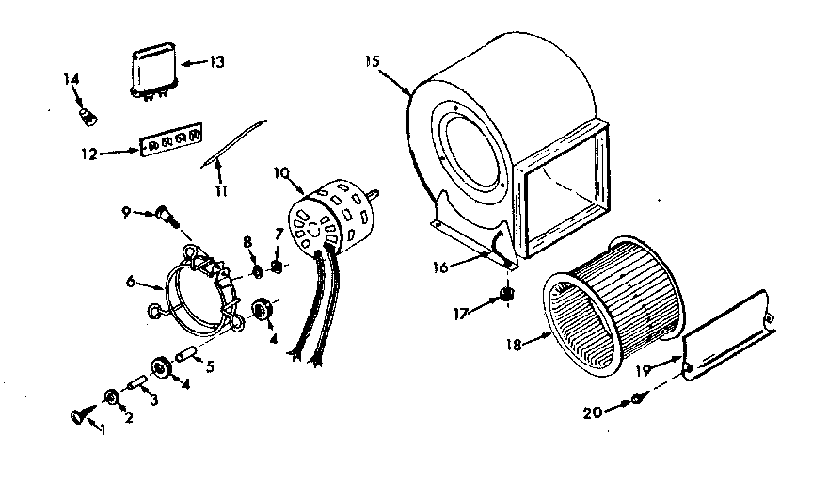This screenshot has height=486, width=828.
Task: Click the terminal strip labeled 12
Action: (170, 143)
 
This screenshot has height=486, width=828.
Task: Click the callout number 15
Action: (373, 61)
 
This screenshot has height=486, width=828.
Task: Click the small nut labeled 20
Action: (638, 399)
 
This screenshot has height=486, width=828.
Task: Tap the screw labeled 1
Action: (77, 413)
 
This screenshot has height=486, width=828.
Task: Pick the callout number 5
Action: (210, 367)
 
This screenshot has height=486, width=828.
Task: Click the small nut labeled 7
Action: (278, 266)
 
